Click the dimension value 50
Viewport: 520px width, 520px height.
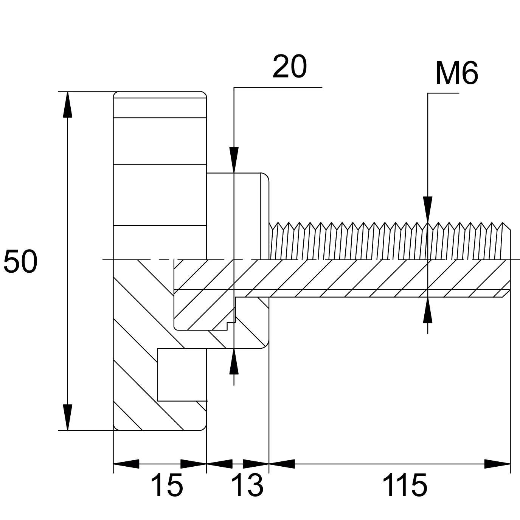[x=20, y=261]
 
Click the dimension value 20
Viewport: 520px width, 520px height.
[x=290, y=67]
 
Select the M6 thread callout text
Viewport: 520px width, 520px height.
[x=456, y=73]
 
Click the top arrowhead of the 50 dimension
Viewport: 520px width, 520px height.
[x=67, y=105]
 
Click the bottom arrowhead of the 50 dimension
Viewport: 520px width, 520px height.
[x=67, y=417]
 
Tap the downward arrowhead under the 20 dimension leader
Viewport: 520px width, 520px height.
[x=234, y=160]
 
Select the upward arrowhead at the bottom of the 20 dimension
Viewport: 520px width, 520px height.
[x=234, y=361]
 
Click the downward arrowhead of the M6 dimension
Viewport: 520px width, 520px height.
[x=428, y=210]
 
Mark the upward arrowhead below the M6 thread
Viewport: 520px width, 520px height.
[x=428, y=310]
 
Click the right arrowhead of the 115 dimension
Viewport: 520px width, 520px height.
[x=497, y=464]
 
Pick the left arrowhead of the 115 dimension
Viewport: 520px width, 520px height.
[x=282, y=464]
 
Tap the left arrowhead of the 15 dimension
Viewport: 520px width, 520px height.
[x=126, y=464]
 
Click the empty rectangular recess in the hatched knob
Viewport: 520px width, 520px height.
[x=182, y=374]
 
